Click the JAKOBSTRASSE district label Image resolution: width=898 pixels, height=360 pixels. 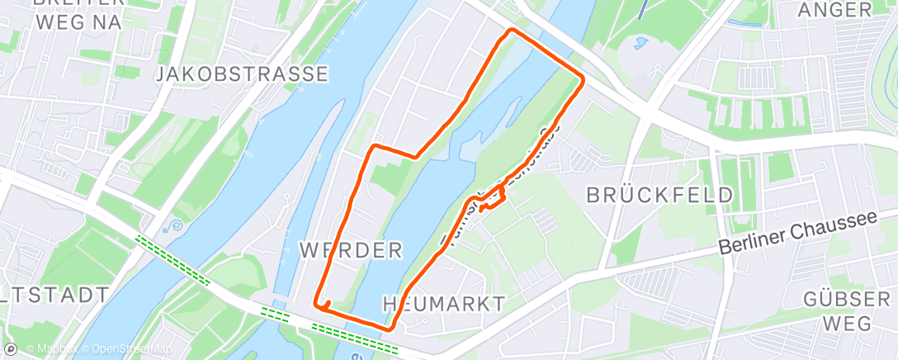coord(242,74)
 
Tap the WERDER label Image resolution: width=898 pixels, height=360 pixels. coord(351,249)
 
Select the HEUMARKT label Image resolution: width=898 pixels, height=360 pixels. coord(444,304)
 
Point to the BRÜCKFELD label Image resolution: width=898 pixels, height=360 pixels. coord(659,196)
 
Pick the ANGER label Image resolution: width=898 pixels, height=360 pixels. coord(835,10)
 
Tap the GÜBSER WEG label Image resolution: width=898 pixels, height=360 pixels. coord(839,311)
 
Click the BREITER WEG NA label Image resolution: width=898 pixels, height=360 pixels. coord(79,12)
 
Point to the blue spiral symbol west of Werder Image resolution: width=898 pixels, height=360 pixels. coord(173,225)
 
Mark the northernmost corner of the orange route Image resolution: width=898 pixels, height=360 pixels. coord(512,31)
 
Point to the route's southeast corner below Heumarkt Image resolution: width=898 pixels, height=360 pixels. coord(390,328)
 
